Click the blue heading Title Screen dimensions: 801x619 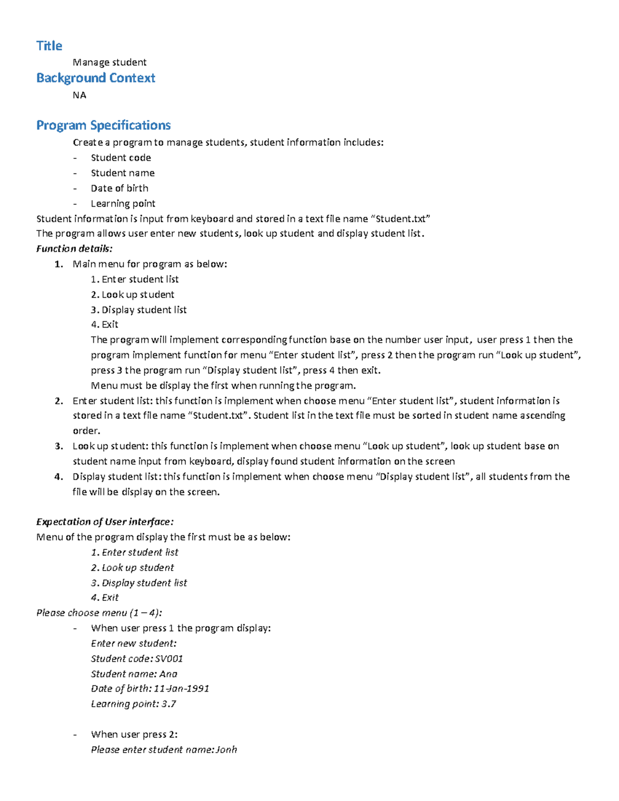(49, 46)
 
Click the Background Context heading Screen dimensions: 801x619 (95, 78)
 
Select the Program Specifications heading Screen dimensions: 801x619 (103, 125)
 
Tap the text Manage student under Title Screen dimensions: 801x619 (109, 62)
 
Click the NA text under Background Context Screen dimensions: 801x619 (79, 95)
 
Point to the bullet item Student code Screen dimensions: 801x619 (121, 158)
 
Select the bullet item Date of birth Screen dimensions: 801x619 (119, 188)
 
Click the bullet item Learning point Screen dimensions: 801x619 (123, 204)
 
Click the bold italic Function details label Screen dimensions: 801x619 (74, 249)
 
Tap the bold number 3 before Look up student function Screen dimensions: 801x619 (58, 446)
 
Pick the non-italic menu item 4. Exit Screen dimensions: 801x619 (105, 324)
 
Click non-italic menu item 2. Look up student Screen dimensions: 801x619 (133, 295)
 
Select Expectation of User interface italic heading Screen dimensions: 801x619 (105, 522)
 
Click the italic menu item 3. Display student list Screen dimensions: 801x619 (139, 583)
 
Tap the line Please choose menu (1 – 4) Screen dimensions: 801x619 (99, 613)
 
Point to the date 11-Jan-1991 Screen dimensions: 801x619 (182, 689)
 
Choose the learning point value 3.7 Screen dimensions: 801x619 (169, 704)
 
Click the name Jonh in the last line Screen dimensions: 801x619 (226, 750)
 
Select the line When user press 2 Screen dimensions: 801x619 (134, 734)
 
